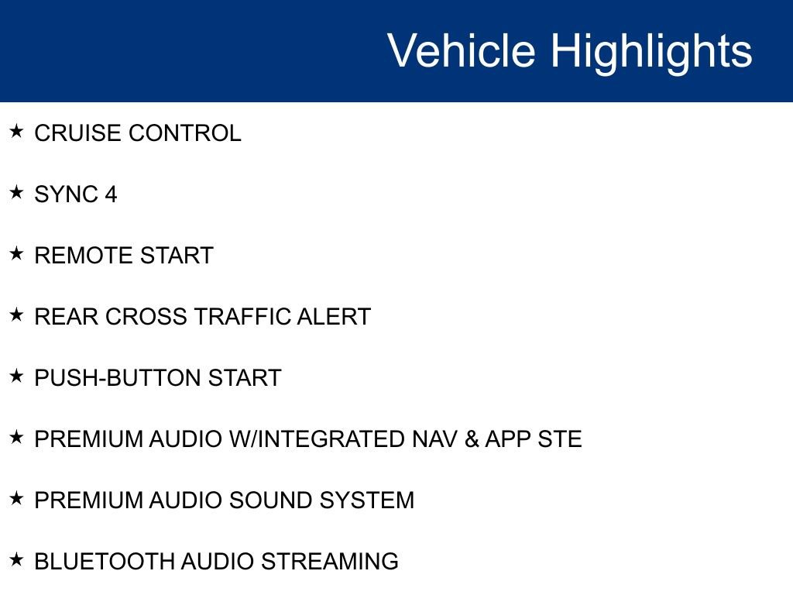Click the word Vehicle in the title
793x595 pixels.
[x=461, y=51]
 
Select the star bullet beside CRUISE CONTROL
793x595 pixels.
[x=17, y=131]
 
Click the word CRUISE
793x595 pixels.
[x=78, y=133]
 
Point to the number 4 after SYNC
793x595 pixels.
[x=111, y=194]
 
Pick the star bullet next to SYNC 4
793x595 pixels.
[x=17, y=192]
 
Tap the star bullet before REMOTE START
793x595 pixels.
[x=17, y=253]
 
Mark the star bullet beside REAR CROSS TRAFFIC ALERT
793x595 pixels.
[x=17, y=315]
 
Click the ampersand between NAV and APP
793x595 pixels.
[x=471, y=439]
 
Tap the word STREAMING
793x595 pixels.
[x=330, y=562]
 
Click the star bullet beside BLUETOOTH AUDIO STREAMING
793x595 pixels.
[x=17, y=559]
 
